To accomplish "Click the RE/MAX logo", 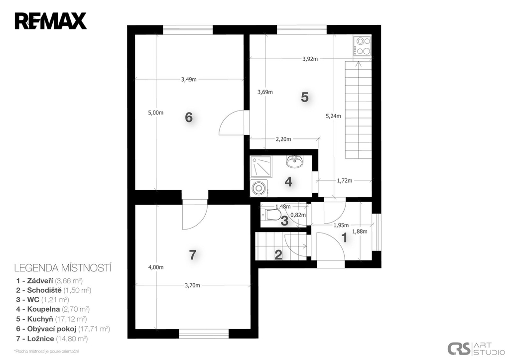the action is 50,21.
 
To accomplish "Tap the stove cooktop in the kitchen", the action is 363,46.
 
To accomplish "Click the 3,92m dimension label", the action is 310,59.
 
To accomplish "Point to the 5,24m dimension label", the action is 333,116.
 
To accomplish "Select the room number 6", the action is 189,117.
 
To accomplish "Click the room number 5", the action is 304,97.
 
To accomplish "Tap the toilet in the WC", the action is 271,214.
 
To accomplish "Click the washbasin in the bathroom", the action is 295,161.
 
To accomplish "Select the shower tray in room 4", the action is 259,166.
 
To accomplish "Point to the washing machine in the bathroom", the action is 259,188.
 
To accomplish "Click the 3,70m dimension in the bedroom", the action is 192,285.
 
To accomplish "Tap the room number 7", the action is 193,254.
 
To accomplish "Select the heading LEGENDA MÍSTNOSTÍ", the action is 63,268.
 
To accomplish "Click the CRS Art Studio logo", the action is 475,349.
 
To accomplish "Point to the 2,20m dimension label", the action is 283,139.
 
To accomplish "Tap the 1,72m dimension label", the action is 345,180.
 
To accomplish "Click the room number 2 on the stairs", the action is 278,255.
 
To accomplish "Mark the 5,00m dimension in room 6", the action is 156,113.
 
